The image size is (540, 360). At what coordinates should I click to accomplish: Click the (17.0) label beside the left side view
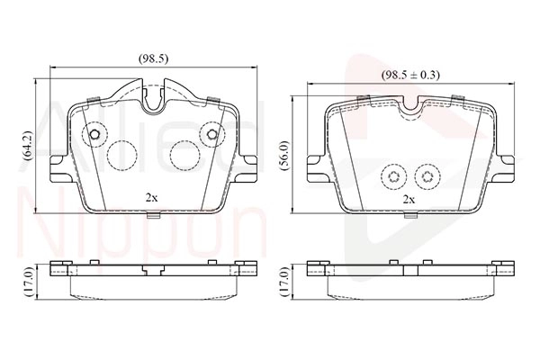click(27, 281)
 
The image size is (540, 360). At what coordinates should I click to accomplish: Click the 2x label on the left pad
click(151, 196)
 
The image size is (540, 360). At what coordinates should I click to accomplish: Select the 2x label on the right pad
click(409, 198)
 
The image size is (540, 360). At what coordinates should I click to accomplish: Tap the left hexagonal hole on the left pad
click(93, 136)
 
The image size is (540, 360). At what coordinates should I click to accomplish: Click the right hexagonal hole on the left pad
click(212, 135)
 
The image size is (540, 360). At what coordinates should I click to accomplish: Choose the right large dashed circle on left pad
click(184, 155)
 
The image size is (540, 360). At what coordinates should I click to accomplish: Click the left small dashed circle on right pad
click(392, 176)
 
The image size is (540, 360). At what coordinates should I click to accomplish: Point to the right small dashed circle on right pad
click(426, 176)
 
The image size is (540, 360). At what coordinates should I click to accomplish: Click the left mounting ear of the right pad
click(315, 165)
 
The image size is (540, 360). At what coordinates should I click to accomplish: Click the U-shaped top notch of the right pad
click(413, 104)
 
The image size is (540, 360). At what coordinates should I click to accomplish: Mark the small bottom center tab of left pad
click(152, 214)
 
